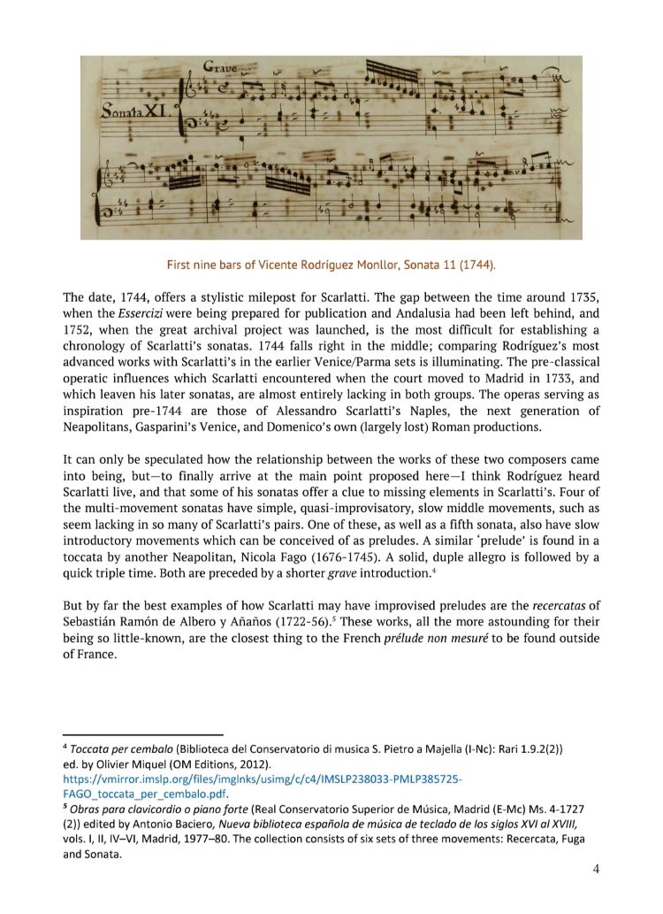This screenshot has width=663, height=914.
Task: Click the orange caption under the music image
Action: pos(331,265)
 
